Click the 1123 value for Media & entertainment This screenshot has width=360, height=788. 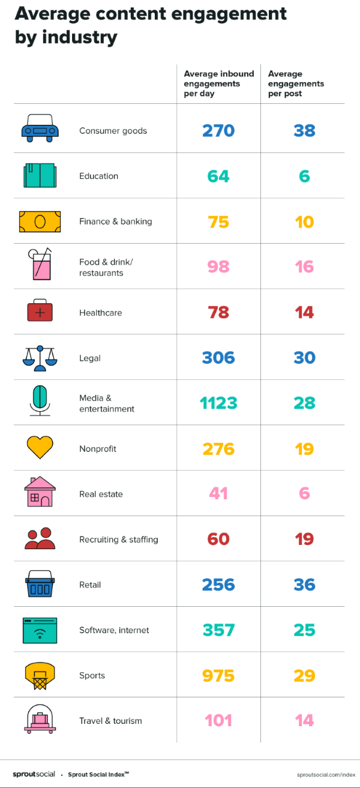pyautogui.click(x=218, y=403)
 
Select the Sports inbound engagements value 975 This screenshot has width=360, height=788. pyautogui.click(x=218, y=676)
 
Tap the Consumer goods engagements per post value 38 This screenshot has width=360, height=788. pyautogui.click(x=304, y=131)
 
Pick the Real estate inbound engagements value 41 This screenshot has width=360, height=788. pyautogui.click(x=218, y=494)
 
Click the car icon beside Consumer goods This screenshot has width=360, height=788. pyautogui.click(x=40, y=129)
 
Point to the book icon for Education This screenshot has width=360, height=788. pyautogui.click(x=40, y=176)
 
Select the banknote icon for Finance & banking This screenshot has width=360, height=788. pyautogui.click(x=40, y=221)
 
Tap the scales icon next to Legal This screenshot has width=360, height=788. pyautogui.click(x=40, y=358)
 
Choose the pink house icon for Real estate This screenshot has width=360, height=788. pyautogui.click(x=40, y=492)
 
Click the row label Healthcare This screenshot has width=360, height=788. pyautogui.click(x=100, y=313)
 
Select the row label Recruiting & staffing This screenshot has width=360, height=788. pyautogui.click(x=118, y=540)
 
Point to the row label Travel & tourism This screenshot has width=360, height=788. pyautogui.click(x=110, y=721)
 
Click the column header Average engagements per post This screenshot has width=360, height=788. pyautogui.click(x=296, y=83)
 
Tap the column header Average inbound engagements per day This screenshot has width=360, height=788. pyautogui.click(x=218, y=83)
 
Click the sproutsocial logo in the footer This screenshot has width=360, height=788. pyautogui.click(x=34, y=774)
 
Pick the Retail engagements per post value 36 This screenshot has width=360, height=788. pyautogui.click(x=304, y=585)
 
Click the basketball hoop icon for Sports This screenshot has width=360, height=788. pyautogui.click(x=40, y=676)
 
